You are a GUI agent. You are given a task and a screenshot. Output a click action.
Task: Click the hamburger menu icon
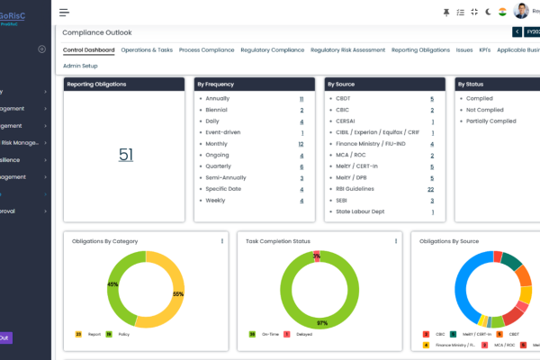[64, 13]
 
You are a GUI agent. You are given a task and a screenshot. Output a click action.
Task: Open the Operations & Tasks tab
[147, 50]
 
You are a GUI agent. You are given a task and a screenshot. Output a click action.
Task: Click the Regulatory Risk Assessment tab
[348, 50]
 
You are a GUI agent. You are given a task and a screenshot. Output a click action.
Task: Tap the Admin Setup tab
[80, 66]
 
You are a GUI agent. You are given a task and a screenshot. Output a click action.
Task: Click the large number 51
[126, 155]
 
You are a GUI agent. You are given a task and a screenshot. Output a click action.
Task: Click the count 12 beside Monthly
[301, 144]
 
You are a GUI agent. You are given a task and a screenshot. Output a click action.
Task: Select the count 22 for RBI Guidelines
[431, 189]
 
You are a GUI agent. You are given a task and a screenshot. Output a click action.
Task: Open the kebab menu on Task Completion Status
[395, 241]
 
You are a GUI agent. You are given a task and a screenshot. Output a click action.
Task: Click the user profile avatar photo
[521, 12]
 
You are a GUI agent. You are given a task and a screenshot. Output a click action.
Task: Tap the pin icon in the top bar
[446, 12]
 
